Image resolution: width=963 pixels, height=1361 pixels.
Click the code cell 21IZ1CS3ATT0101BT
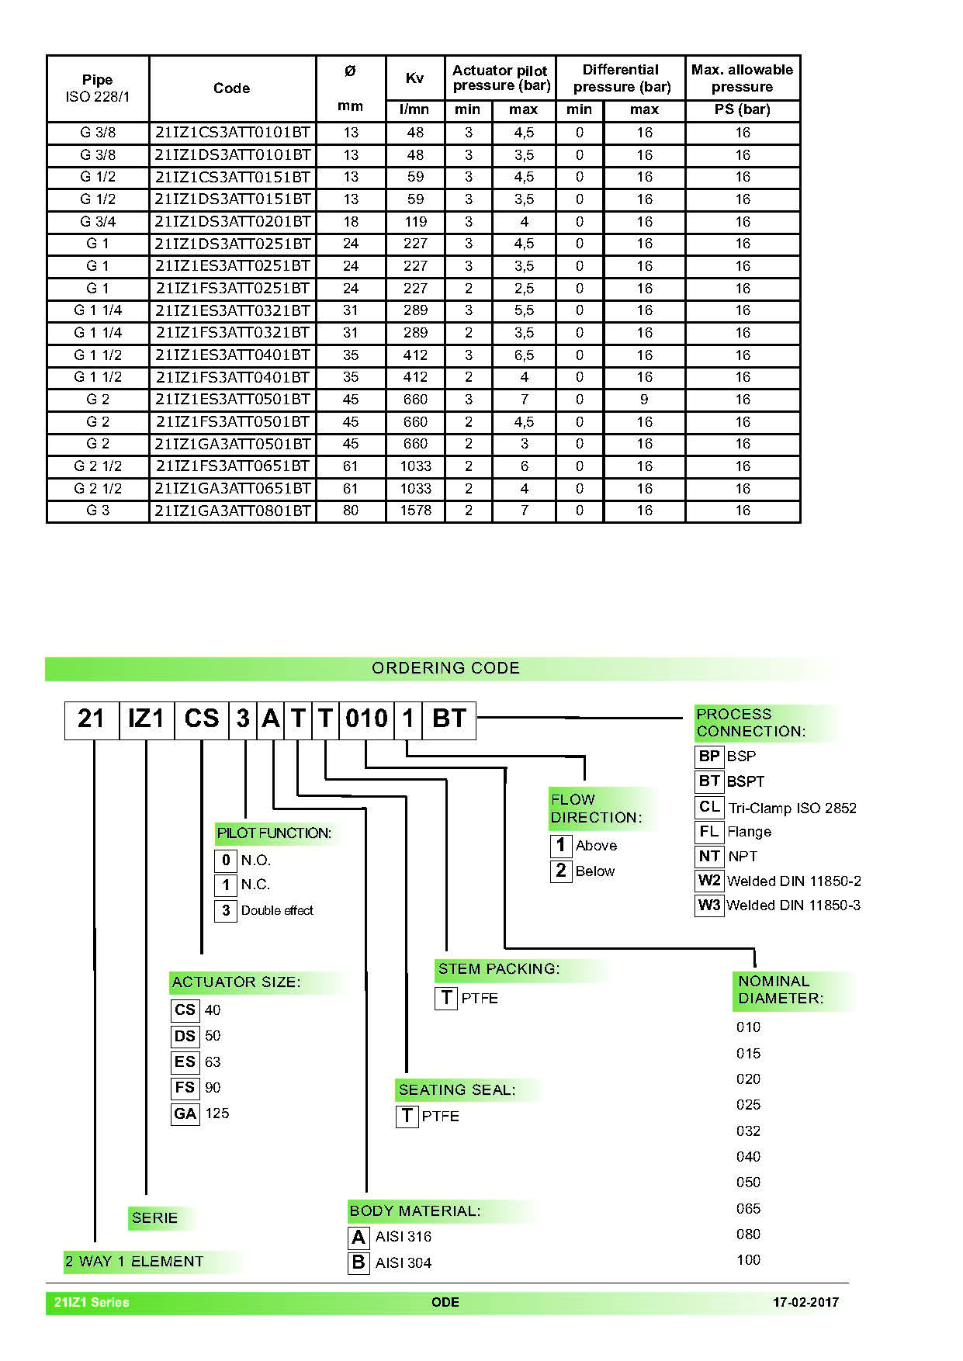coord(232,133)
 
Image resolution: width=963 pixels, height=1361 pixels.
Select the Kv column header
coord(415,78)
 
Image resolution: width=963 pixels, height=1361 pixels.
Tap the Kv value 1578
coord(415,511)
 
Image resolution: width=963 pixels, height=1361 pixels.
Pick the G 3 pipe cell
coord(98,511)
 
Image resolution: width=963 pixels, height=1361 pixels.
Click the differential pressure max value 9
coord(644,400)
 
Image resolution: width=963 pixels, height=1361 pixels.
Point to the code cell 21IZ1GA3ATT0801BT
coord(232,511)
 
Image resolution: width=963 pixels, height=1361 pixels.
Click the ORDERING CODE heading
coord(445,668)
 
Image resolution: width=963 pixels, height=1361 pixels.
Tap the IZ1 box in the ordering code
coord(146,719)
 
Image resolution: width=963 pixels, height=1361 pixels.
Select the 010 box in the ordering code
coord(366,719)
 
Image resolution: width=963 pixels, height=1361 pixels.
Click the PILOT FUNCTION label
coord(274,833)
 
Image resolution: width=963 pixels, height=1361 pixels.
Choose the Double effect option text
coord(277,911)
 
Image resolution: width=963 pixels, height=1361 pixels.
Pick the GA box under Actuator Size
coord(185,1114)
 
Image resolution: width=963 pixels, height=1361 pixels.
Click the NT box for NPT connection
coord(709,857)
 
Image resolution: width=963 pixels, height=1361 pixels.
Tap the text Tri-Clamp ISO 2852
coord(792,809)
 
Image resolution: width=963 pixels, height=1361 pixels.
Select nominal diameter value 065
coord(748,1209)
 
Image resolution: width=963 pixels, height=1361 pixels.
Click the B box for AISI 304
coord(359,1262)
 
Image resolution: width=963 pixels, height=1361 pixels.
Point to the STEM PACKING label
coord(498,969)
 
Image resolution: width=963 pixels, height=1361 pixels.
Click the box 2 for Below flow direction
coord(560,871)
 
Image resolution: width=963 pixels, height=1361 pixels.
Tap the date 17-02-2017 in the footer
coord(805,1303)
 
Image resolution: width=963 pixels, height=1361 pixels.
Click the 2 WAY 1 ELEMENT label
coord(134,1262)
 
